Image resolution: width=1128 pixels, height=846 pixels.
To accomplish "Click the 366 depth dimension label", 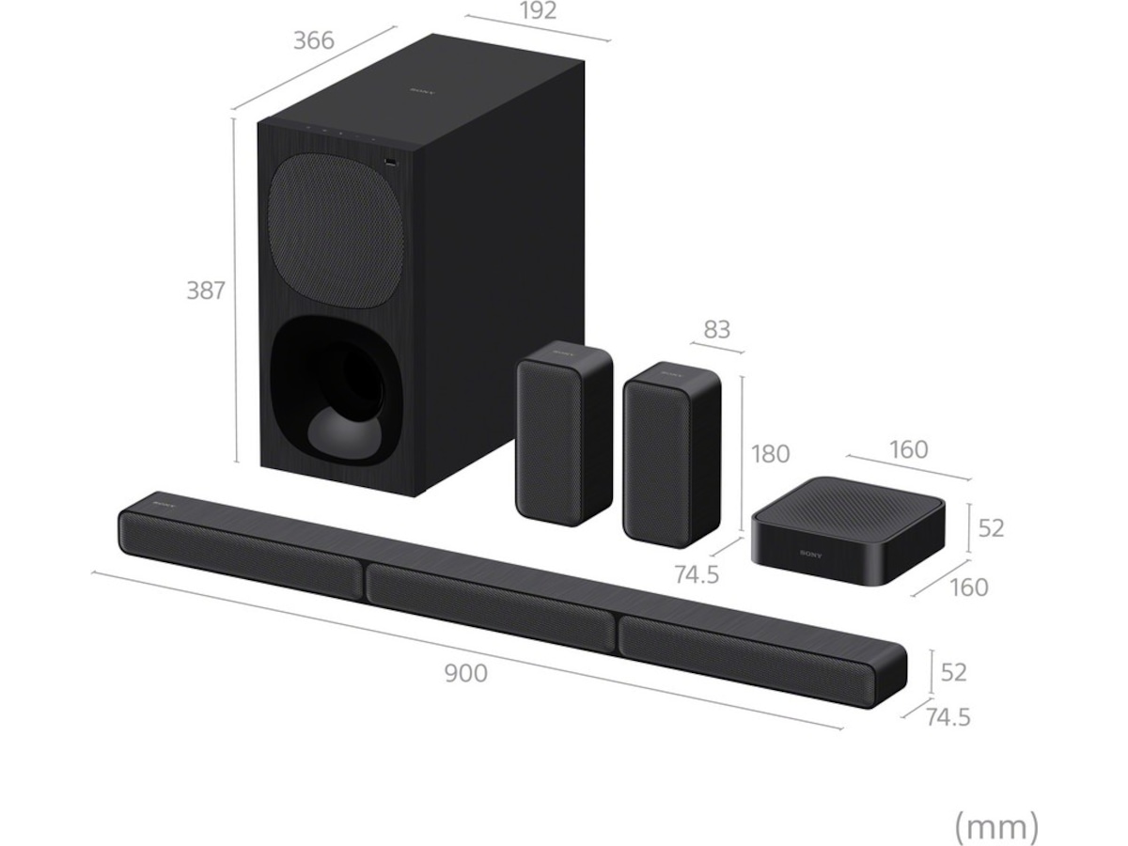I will pos(313,41).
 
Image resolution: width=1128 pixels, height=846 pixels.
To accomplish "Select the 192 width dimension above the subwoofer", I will pos(537,11).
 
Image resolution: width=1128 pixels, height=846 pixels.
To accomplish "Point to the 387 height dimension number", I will pos(205,290).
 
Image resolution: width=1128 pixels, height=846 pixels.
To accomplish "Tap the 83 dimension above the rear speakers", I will pos(716,330).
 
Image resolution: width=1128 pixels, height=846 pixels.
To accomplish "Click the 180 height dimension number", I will pos(771,453).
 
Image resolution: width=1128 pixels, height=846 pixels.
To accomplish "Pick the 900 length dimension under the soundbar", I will pos(465,673).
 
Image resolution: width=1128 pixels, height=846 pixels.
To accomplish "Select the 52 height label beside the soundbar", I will pos(953,672).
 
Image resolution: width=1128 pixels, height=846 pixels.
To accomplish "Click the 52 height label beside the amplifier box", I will pos(991,528).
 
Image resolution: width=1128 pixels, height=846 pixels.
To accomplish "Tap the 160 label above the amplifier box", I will pos(908,449).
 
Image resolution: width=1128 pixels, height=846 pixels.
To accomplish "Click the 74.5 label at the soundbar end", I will pos(947,717).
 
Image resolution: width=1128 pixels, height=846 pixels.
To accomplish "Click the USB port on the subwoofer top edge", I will pos(390,161).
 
